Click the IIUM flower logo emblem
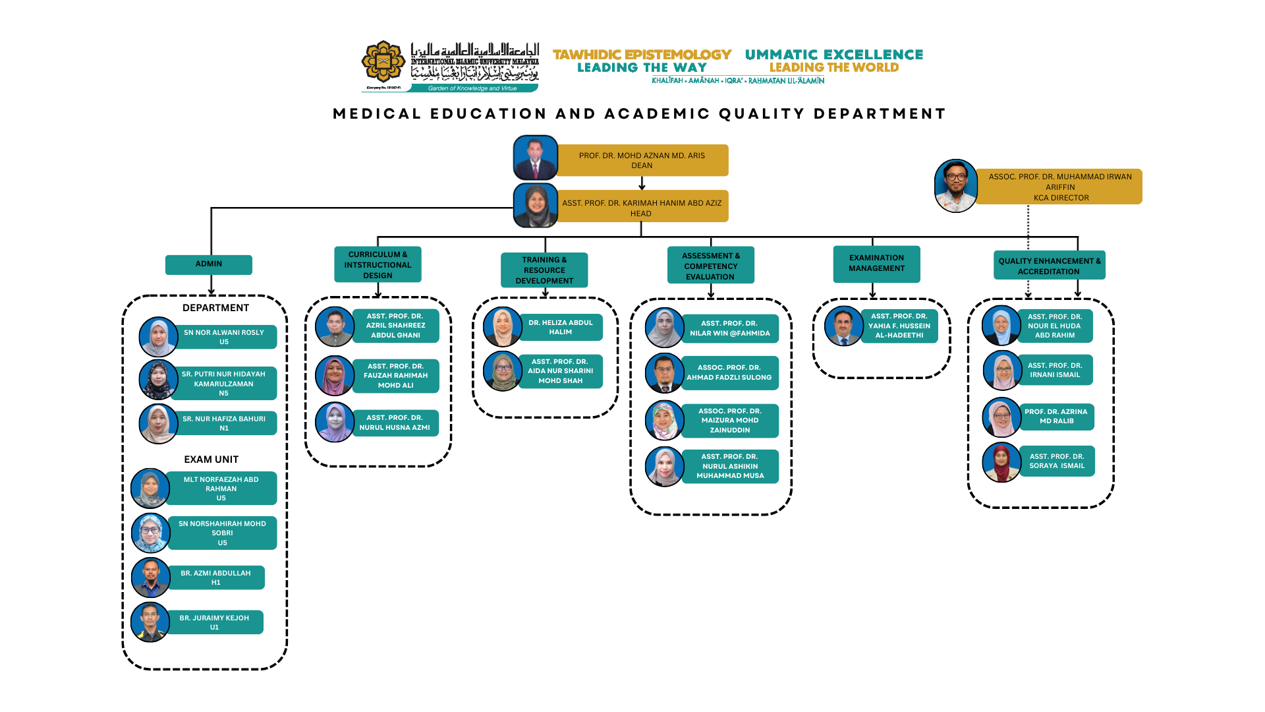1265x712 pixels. point(383,63)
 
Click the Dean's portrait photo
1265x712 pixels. point(536,158)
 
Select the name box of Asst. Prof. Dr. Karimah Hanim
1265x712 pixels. point(642,208)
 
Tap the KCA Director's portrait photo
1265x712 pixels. point(956,186)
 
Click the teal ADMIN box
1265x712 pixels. point(209,264)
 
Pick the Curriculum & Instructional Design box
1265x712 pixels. point(378,265)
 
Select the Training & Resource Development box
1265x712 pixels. point(544,270)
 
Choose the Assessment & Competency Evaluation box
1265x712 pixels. point(710,266)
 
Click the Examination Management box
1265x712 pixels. point(876,264)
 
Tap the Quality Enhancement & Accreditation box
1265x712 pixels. point(1049,266)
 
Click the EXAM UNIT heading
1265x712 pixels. point(211,460)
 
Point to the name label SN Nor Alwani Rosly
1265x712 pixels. point(224,337)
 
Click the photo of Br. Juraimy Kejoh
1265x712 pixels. point(150,622)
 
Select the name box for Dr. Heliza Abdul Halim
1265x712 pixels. point(561,328)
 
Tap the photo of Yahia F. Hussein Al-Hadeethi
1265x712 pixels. point(844,326)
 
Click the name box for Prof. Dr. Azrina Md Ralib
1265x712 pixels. point(1056,417)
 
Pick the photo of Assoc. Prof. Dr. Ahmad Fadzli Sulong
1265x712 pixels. point(665,373)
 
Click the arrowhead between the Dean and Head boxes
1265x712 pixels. point(642,187)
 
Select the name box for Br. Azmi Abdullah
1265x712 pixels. point(216,578)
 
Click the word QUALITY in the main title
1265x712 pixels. point(762,114)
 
